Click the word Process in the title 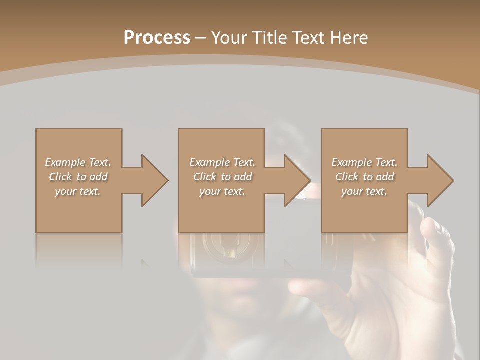pyautogui.click(x=157, y=38)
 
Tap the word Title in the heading pyautogui.click(x=268, y=38)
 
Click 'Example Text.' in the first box pyautogui.click(x=78, y=162)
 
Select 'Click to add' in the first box pyautogui.click(x=78, y=177)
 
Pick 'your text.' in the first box pyautogui.click(x=78, y=191)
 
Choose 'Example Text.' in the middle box pyautogui.click(x=222, y=162)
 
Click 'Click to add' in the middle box pyautogui.click(x=222, y=177)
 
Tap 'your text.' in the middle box pyautogui.click(x=222, y=191)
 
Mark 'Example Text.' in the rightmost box pyautogui.click(x=364, y=162)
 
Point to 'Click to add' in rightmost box pyautogui.click(x=364, y=177)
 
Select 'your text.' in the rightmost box pyautogui.click(x=364, y=191)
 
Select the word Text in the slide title pyautogui.click(x=309, y=38)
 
